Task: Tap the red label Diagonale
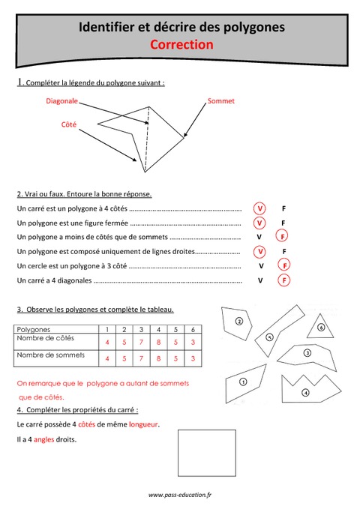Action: point(62,100)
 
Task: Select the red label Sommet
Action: point(221,100)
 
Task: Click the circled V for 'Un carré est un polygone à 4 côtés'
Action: point(259,208)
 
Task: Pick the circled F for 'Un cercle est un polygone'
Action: point(283,265)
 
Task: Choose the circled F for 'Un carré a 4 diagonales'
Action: point(283,280)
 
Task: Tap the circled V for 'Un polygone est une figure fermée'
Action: point(259,223)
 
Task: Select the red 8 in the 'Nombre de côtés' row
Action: point(158,343)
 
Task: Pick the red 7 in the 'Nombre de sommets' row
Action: point(141,358)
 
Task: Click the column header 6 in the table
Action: point(193,329)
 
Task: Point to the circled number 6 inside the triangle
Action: point(320,327)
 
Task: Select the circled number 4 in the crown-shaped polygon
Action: point(305,392)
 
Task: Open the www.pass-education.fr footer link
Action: point(180,495)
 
